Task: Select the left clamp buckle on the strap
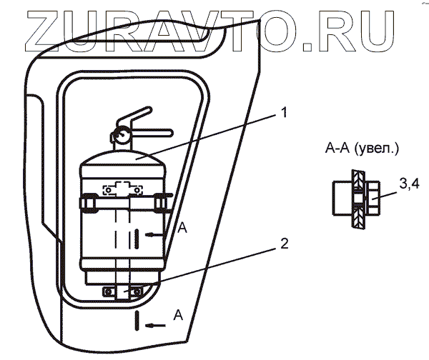pyautogui.click(x=89, y=205)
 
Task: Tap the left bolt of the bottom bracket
pyautogui.click(x=109, y=291)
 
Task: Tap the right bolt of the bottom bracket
pyautogui.click(x=146, y=290)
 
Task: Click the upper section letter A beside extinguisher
pyautogui.click(x=182, y=228)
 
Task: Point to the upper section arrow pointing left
pyautogui.click(x=156, y=234)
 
